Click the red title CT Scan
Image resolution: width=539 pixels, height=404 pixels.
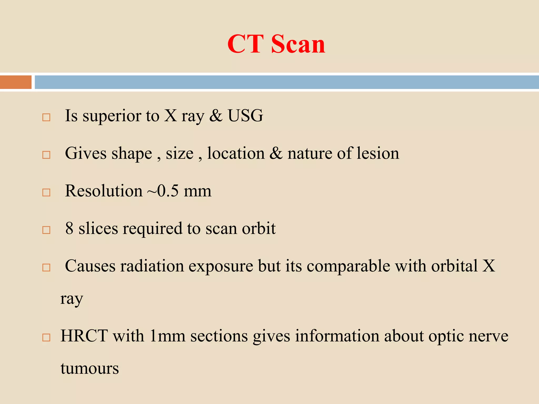pyautogui.click(x=276, y=44)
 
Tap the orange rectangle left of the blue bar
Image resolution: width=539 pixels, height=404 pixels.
pyautogui.click(x=16, y=82)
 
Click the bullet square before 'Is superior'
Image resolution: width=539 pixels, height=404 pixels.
pyautogui.click(x=46, y=117)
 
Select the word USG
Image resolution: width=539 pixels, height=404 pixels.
pyautogui.click(x=245, y=116)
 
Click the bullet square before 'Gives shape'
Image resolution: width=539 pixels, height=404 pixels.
pyautogui.click(x=46, y=155)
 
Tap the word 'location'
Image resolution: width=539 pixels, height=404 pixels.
pyautogui.click(x=236, y=153)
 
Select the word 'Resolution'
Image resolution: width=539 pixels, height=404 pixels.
pyautogui.click(x=104, y=191)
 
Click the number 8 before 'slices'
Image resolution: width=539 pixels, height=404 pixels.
pyautogui.click(x=69, y=228)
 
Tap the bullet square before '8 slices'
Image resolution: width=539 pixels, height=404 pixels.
pyautogui.click(x=46, y=230)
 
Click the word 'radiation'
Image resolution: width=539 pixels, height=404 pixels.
pyautogui.click(x=152, y=266)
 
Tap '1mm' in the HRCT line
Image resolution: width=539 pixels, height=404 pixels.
pyautogui.click(x=167, y=336)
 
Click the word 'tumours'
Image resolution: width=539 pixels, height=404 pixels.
pyautogui.click(x=89, y=368)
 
